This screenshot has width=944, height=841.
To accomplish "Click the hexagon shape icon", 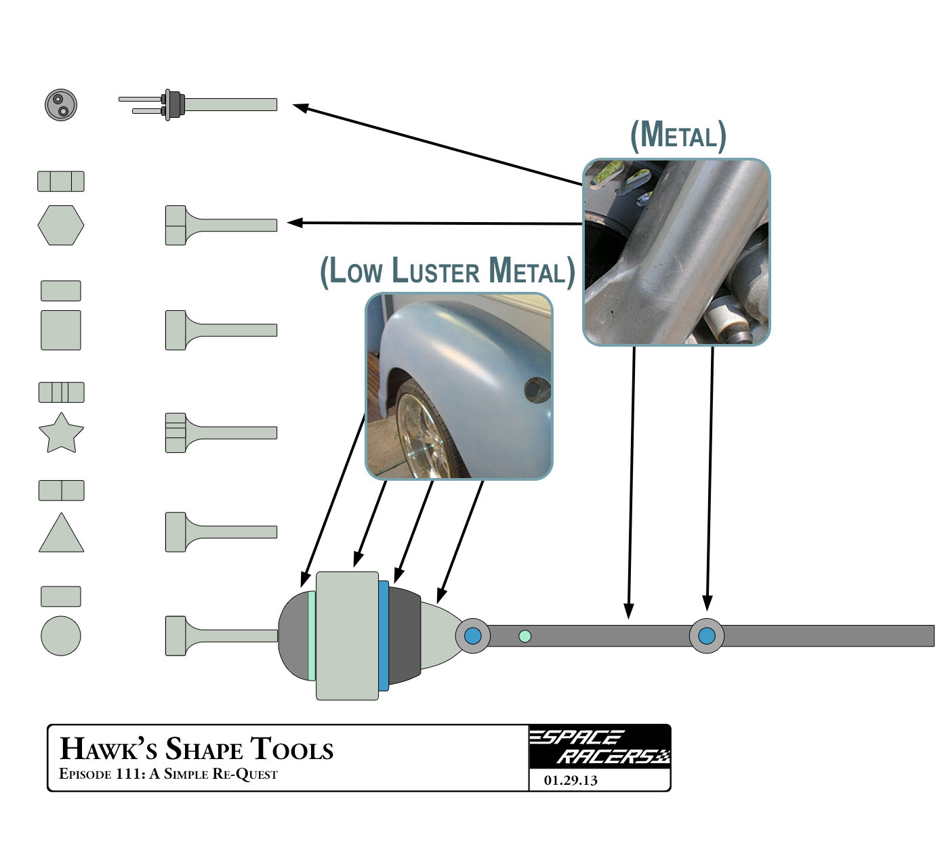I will coord(61,225).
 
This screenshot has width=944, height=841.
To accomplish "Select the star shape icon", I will coord(61,434).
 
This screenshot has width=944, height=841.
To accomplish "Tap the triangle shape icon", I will coord(61,534).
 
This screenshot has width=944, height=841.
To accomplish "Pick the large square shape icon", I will coord(61,330).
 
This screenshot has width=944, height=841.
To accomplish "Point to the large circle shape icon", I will coord(61,636).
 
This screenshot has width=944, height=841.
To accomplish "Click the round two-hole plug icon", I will coord(61,105).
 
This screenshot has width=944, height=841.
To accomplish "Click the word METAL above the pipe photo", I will coord(678,135).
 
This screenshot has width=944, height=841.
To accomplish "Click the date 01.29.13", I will coord(571,781).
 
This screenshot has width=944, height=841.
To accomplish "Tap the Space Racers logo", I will coord(599,747).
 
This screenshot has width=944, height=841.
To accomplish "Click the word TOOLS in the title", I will coord(292,750).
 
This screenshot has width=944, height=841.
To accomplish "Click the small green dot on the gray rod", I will coord(525,637).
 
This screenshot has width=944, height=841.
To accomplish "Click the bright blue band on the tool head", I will coord(384,636).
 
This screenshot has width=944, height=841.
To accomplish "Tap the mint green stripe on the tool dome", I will coord(312,636).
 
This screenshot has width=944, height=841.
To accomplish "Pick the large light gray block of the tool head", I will coord(347,636).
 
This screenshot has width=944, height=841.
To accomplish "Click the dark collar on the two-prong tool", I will coord(176,104).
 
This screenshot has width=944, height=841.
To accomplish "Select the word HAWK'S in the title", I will coord(108,750).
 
